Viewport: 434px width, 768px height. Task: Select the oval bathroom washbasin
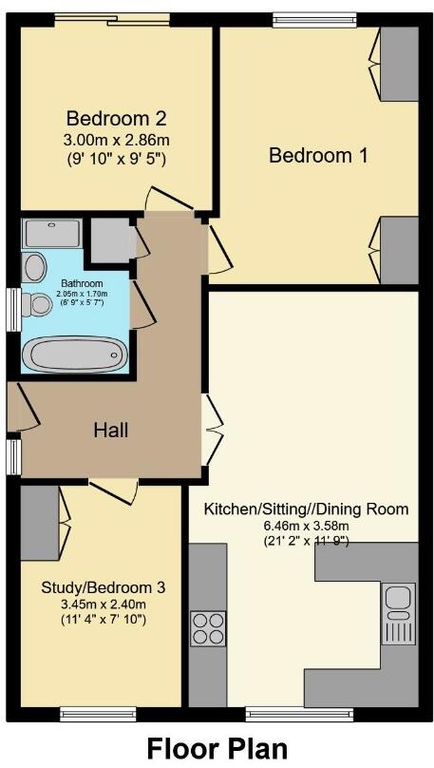point(35,266)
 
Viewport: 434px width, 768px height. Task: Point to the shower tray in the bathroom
point(53,234)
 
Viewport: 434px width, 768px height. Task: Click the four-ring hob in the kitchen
point(208,627)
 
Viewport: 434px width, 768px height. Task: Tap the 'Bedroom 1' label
point(317,155)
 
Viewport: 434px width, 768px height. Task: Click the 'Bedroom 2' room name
point(116,119)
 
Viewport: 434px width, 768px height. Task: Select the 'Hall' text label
point(110,430)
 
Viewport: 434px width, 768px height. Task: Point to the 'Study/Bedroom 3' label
point(103,587)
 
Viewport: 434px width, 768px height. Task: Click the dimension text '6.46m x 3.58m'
point(306,527)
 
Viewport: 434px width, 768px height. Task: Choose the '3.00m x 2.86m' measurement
point(116,140)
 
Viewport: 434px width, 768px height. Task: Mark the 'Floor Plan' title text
point(216,748)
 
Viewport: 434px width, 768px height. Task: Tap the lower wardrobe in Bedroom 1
point(399,250)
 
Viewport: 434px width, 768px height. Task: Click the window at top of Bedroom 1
point(313,18)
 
